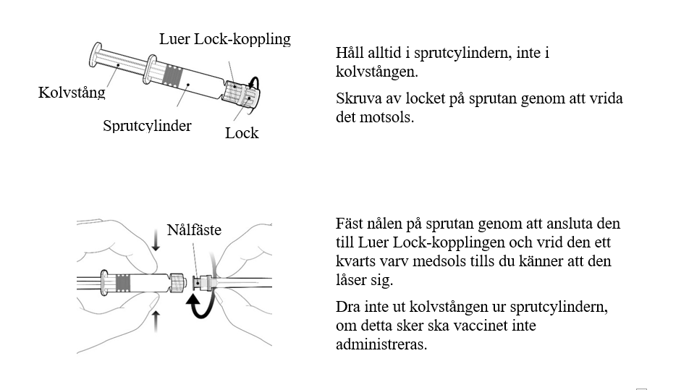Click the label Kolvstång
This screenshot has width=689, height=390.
(x=72, y=93)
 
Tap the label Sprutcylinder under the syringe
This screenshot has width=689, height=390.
(x=147, y=126)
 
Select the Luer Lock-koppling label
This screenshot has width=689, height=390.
(x=224, y=40)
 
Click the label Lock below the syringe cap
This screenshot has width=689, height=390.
(x=242, y=132)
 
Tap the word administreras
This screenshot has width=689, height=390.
(x=381, y=344)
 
